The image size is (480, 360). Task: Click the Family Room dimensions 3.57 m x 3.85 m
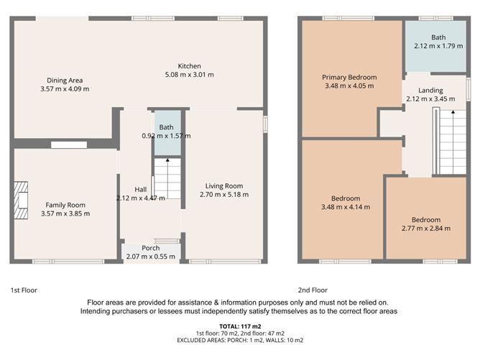pyautogui.click(x=65, y=213)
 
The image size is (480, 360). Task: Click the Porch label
pyautogui.click(x=151, y=248)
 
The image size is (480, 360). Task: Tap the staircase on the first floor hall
pyautogui.click(x=167, y=179)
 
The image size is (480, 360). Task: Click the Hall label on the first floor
pyautogui.click(x=141, y=190)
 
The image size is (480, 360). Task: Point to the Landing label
pyautogui.click(x=420, y=90)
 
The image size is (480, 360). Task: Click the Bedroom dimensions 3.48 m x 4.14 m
pyautogui.click(x=346, y=207)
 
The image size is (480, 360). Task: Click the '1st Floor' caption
pyautogui.click(x=24, y=290)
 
